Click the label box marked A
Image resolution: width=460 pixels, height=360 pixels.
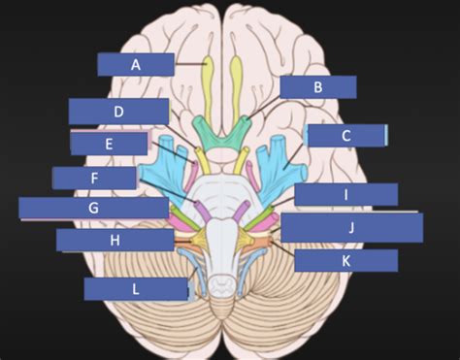(x=136, y=64)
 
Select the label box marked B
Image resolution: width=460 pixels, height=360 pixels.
(x=317, y=87)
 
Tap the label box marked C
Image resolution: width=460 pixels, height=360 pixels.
(x=345, y=136)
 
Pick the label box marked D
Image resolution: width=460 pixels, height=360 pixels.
(x=118, y=112)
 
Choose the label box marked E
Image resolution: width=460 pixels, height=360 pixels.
(x=110, y=144)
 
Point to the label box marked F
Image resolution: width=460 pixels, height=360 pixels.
(x=94, y=178)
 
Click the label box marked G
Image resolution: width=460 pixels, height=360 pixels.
(x=93, y=208)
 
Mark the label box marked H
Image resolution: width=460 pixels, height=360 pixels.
(x=115, y=240)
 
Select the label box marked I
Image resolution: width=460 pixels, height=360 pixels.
(x=345, y=195)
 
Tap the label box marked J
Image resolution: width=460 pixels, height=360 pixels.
(x=351, y=228)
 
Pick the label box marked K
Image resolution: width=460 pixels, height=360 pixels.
(x=345, y=260)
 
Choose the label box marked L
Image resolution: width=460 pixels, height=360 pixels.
(x=136, y=288)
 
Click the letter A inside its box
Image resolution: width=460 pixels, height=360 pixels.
(x=137, y=64)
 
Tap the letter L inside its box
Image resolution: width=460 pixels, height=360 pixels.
(x=136, y=288)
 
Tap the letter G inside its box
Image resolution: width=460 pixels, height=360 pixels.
(x=94, y=208)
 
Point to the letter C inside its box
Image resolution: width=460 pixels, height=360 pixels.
(x=345, y=136)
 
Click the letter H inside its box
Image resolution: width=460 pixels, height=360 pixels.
(x=115, y=240)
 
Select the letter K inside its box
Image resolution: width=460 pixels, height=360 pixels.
(x=345, y=260)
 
